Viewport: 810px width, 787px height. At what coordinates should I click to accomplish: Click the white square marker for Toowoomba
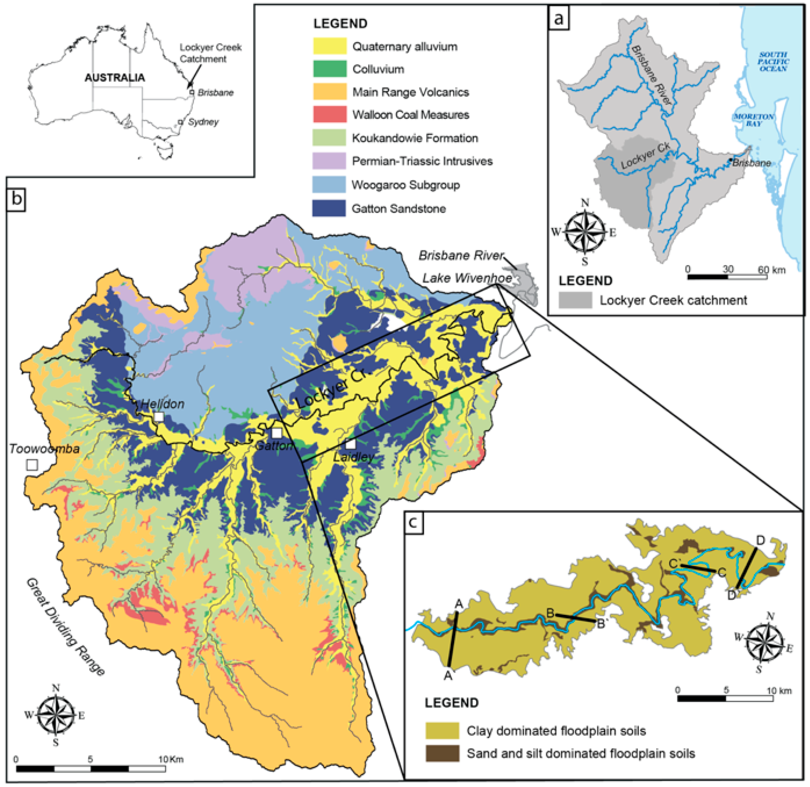tap(32, 464)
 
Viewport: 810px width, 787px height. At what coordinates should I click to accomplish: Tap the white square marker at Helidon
tap(159, 417)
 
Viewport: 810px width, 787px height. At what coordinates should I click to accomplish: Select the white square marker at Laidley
tap(350, 444)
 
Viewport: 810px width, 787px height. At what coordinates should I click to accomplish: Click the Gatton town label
tap(274, 446)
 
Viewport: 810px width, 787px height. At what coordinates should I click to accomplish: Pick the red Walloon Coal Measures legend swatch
tap(329, 114)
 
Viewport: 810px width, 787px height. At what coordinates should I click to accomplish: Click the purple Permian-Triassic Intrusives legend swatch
tap(329, 161)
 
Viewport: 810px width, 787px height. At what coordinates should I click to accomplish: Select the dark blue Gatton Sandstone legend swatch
tap(329, 208)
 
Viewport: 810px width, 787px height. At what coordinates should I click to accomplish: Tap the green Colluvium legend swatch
tap(329, 69)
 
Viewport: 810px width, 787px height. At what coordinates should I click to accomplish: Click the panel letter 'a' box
tap(558, 18)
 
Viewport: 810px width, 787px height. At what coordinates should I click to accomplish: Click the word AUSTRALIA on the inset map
tap(114, 78)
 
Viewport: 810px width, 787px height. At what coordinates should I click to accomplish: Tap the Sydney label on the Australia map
tap(203, 122)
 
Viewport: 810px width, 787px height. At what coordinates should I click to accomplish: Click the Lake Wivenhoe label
tap(467, 278)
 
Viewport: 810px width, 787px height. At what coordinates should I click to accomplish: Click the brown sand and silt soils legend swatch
tap(442, 754)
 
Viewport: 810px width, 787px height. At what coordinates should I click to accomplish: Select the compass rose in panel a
tap(585, 231)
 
